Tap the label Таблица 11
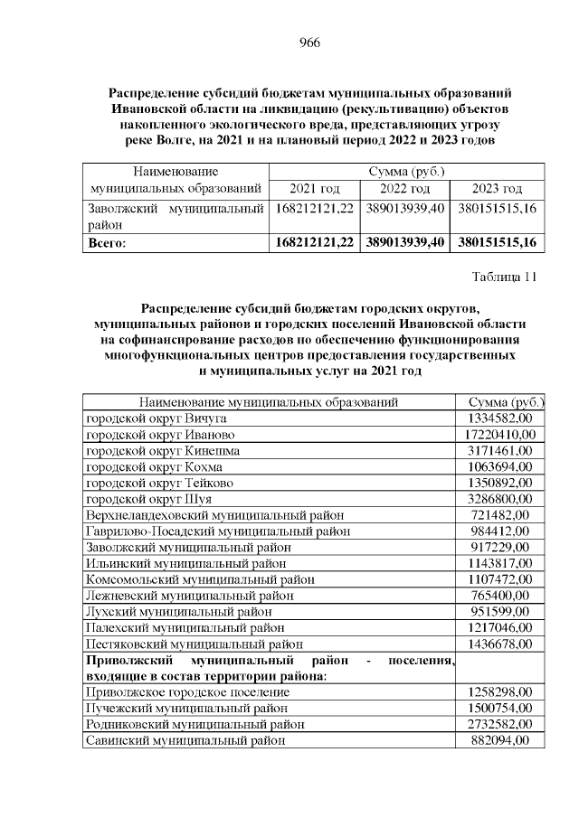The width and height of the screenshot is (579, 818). (504, 277)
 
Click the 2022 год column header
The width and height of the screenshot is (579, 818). (404, 188)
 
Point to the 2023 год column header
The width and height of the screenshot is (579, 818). (498, 188)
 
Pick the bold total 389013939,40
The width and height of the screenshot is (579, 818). (405, 242)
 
